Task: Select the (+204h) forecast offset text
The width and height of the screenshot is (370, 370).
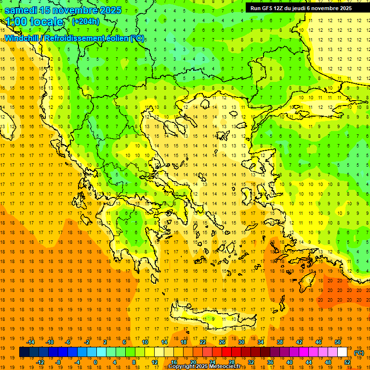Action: tap(85, 21)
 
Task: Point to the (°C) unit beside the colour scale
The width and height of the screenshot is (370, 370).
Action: tap(358, 353)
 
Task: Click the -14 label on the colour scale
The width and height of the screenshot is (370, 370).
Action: tap(30, 342)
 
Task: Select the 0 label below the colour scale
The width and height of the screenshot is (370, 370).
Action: tap(95, 362)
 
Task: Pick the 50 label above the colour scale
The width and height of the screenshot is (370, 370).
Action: tap(337, 342)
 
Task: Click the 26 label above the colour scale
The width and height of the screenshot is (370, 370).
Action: tap(222, 342)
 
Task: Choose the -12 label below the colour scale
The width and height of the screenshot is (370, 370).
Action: tap(40, 362)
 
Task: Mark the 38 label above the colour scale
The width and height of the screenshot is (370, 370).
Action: tap(279, 342)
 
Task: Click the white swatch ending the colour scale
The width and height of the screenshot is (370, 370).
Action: tap(342, 352)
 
